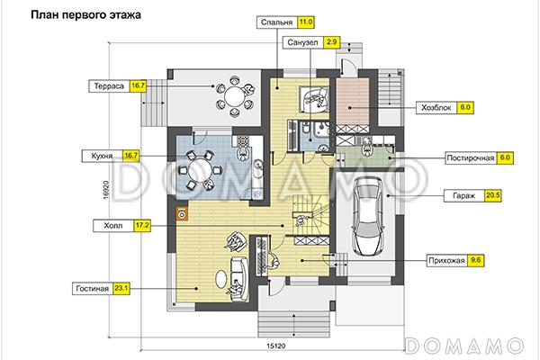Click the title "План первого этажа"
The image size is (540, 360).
point(85,15)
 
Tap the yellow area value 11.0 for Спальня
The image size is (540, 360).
point(305,22)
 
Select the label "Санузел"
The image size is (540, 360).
point(302,42)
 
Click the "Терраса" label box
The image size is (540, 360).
point(109,86)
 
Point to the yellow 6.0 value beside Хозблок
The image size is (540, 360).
point(465,107)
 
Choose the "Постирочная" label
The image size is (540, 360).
point(470,158)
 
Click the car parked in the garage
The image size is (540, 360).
point(368,216)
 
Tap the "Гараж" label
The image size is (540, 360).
point(463,195)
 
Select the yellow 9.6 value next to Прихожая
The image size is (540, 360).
point(475,260)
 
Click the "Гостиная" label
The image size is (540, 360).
point(93,289)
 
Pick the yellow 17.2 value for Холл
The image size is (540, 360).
point(142,226)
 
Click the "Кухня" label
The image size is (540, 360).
point(102,156)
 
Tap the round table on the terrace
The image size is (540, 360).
point(235,97)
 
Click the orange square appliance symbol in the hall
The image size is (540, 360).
point(182,214)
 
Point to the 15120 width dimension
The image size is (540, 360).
point(276,346)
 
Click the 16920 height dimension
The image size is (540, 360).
point(105,191)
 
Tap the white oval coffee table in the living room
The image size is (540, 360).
point(221,278)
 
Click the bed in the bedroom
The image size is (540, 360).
point(314,99)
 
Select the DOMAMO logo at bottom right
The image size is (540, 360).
point(464,346)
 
